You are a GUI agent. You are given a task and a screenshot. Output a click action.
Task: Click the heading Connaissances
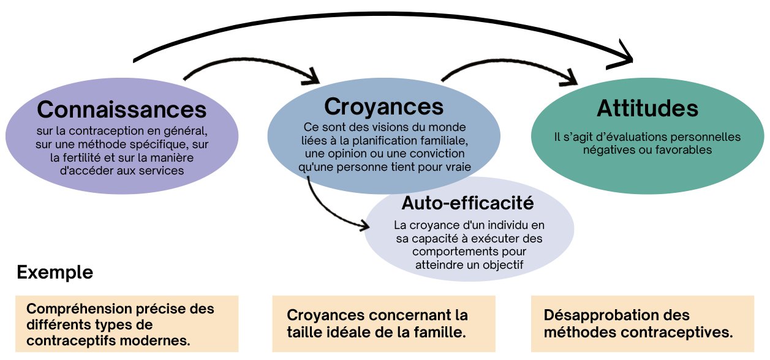pos(122,110)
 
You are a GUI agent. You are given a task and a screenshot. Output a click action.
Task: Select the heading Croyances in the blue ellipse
pos(383,106)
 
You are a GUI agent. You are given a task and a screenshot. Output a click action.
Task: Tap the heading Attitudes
pos(647,108)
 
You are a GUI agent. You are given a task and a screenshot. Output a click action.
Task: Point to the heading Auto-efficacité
pos(467,202)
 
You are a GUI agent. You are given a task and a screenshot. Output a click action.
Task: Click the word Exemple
pos(55,272)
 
